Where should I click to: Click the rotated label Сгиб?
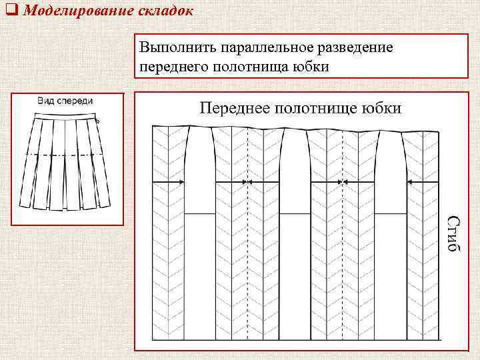pyautogui.click(x=453, y=233)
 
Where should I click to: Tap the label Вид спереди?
pyautogui.click(x=64, y=100)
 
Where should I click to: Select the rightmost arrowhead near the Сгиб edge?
pyautogui.click(x=409, y=181)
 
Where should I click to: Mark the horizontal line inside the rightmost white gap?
pyautogui.click(x=389, y=214)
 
